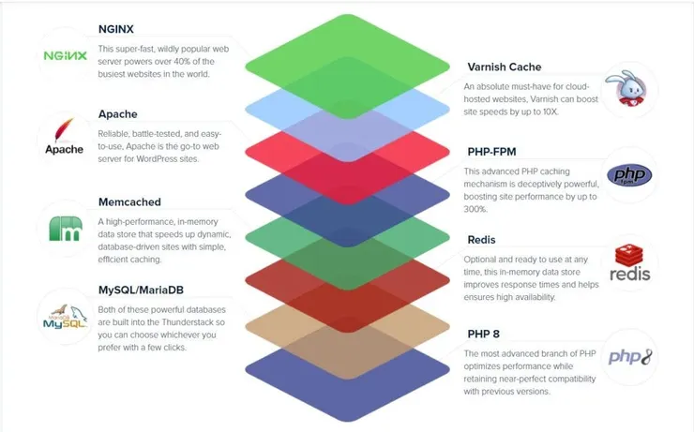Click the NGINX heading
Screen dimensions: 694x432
point(116,29)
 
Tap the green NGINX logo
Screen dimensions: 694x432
point(65,55)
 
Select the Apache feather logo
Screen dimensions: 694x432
point(64,136)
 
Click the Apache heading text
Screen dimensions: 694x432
point(118,114)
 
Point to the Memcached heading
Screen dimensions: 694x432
point(129,202)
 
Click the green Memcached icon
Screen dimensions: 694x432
point(66,229)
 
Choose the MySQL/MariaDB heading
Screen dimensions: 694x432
point(141,290)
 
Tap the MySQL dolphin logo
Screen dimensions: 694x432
point(65,317)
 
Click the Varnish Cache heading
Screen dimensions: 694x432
point(505,67)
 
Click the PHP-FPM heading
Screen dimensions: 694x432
point(491,152)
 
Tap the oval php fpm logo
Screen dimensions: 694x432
point(629,175)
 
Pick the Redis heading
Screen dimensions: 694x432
point(481,240)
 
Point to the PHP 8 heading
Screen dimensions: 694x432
point(483,334)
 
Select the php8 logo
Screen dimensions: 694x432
point(630,357)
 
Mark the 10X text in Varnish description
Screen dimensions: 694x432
point(551,112)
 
